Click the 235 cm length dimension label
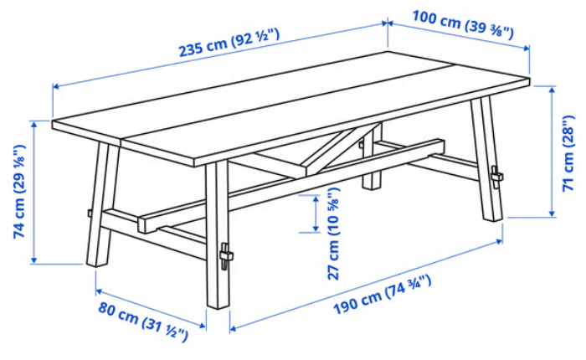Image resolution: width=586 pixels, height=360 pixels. pos(229,42)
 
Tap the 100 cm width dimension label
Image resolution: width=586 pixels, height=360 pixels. pos(463,24)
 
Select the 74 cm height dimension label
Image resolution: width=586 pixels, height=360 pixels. pos(19,192)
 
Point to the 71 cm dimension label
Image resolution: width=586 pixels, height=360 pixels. pos(568,153)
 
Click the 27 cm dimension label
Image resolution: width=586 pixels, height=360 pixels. pos(333,234)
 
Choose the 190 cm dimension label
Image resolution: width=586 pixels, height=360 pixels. pos(382,296)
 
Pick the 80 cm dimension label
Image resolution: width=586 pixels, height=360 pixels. pos(143,321)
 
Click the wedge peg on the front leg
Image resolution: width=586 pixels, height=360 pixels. pos(225,256)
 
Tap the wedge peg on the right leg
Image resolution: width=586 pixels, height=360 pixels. pos(496,177)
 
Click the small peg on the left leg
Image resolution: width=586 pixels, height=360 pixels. pos(90,213)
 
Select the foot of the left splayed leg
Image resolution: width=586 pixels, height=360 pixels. pos(97,262)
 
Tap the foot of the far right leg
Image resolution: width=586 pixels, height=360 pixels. pos(493,217)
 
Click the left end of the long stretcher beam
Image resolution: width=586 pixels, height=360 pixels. pos(143,225)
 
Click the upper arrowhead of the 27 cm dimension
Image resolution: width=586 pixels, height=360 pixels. pos(316,198)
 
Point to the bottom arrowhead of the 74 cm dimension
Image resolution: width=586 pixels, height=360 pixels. pos(34,260)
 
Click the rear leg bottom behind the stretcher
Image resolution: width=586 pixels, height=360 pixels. pos(372,184)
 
